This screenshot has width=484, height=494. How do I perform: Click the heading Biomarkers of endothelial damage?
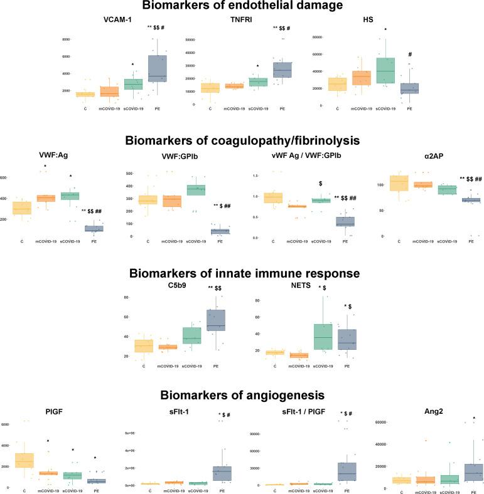pos(242,6)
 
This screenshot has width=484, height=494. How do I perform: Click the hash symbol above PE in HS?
pos(409,55)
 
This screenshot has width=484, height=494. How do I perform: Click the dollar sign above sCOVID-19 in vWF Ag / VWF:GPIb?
pos(321,184)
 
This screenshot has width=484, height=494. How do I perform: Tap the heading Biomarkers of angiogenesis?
pos(242,395)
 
